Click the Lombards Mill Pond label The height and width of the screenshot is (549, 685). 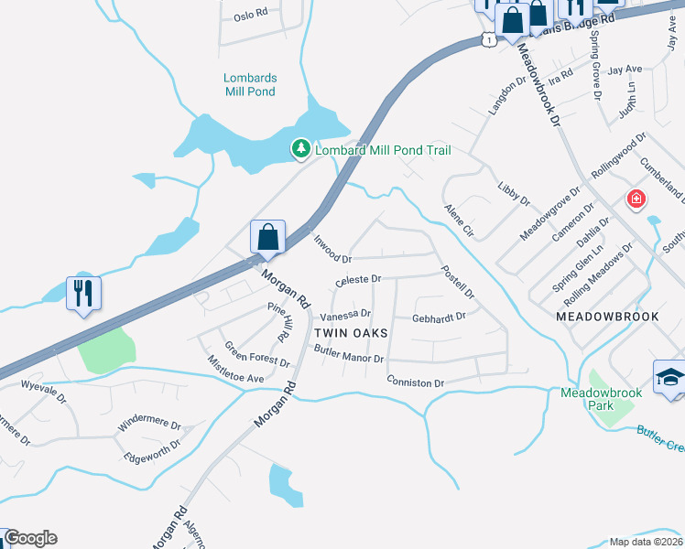[250, 85]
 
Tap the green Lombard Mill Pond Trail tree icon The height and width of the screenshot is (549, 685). [299, 148]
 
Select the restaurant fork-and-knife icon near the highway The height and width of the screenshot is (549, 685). [83, 294]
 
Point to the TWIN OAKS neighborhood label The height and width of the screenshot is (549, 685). [351, 333]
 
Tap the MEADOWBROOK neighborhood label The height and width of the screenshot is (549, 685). [607, 315]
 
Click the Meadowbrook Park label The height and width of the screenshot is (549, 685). [602, 399]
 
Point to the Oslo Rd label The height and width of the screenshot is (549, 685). [250, 16]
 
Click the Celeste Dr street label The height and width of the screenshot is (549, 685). [358, 279]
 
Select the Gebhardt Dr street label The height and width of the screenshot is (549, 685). [440, 318]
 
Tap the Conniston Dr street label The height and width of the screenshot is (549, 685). [415, 382]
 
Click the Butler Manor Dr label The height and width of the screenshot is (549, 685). [348, 355]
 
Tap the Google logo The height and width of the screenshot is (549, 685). [30, 538]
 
